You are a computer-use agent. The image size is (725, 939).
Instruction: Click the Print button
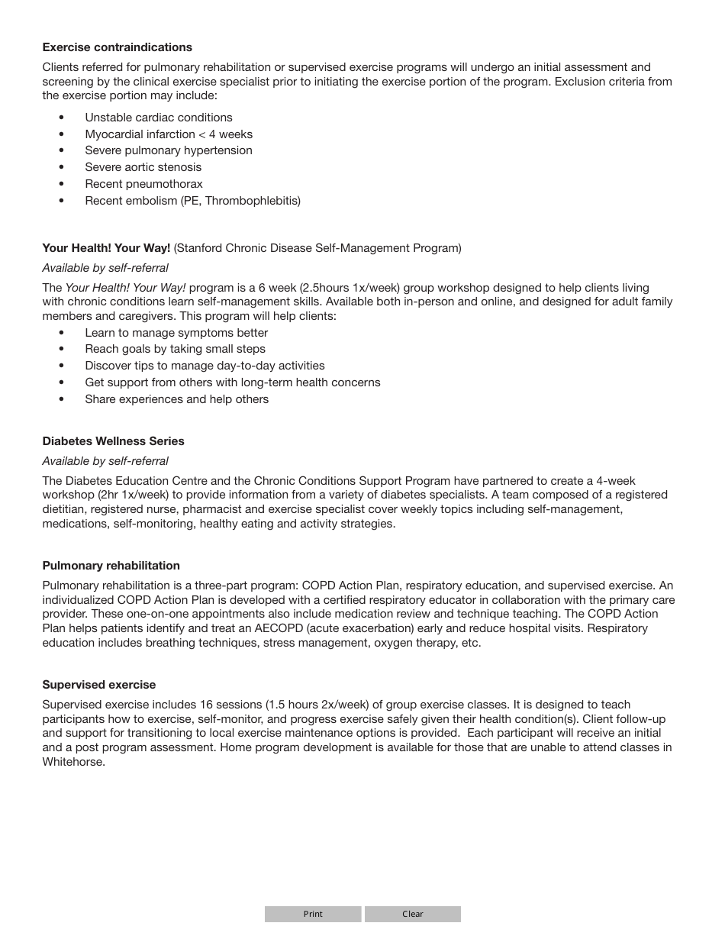[x=313, y=914]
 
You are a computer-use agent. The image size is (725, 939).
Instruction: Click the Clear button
[x=413, y=914]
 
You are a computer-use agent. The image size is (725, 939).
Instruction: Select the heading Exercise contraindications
[x=117, y=47]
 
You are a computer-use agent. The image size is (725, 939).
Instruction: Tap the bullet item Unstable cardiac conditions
[x=159, y=118]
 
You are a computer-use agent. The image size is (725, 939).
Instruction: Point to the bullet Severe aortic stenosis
[x=143, y=167]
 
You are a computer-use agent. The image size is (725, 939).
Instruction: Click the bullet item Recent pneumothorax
[x=143, y=184]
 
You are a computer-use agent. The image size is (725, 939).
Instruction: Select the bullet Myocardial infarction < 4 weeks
[x=169, y=134]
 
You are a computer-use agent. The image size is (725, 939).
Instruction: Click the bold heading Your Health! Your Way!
[x=106, y=248]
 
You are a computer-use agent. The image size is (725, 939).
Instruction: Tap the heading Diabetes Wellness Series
[x=113, y=441]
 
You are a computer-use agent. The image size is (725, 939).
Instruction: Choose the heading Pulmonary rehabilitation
[x=111, y=566]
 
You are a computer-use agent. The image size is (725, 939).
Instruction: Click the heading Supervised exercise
[x=98, y=685]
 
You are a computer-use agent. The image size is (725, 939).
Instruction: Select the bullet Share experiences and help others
[x=176, y=399]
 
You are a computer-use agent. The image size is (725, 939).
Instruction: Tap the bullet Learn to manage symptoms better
[x=176, y=333]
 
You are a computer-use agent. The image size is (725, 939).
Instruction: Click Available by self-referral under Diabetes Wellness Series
[x=105, y=461]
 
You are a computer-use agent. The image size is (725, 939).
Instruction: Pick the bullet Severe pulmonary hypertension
[x=169, y=150]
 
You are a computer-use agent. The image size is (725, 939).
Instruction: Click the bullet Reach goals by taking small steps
[x=175, y=349]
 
